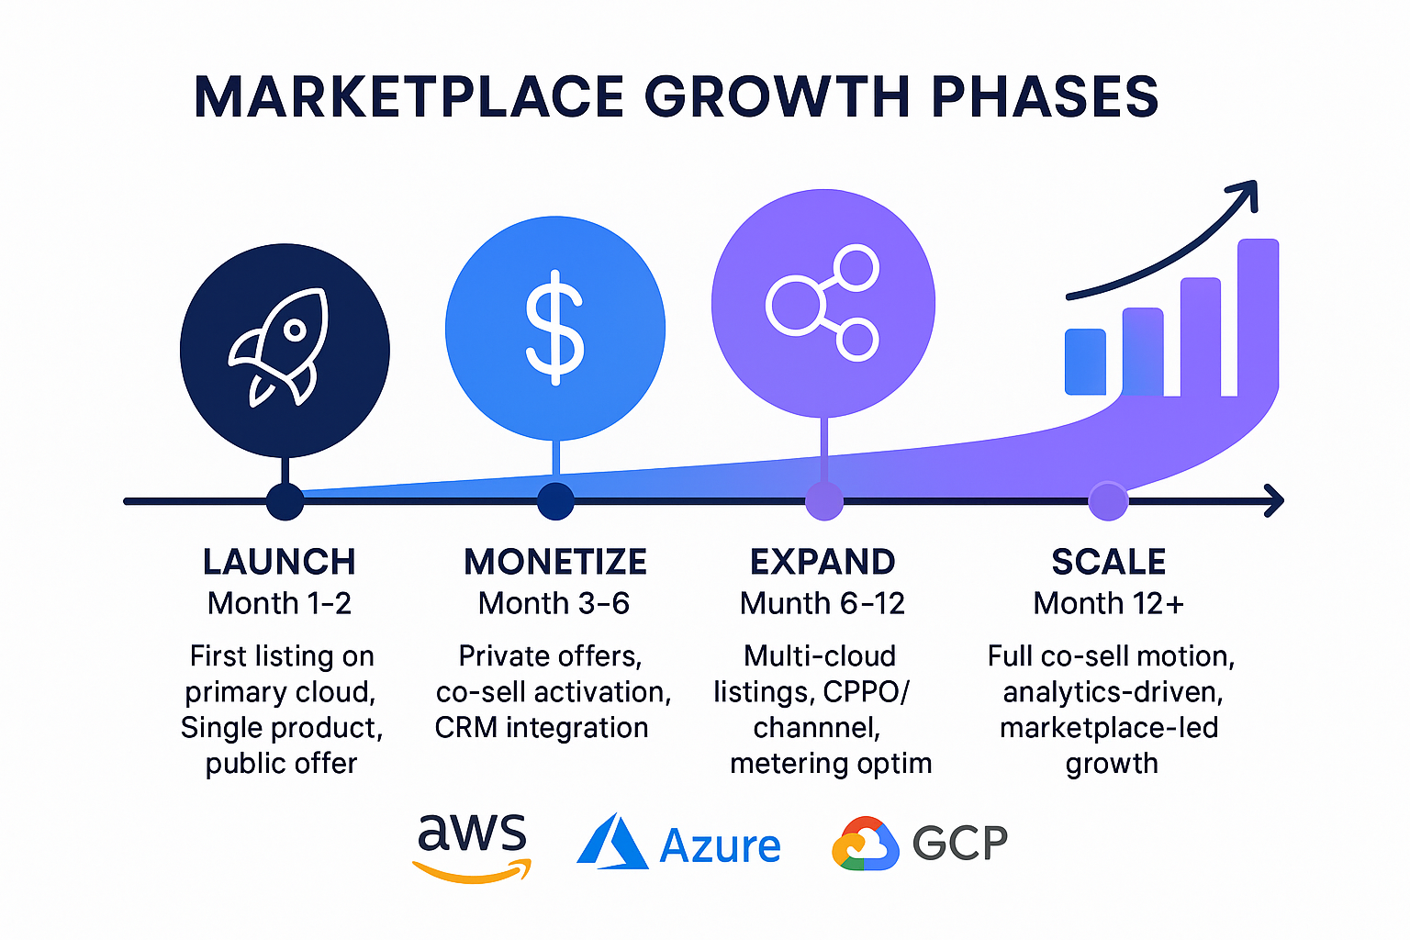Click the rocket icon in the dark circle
click(280, 348)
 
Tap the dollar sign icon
click(554, 327)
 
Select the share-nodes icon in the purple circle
click(822, 303)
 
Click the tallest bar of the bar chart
click(1258, 317)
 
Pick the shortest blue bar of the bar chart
click(1085, 362)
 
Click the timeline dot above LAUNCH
click(285, 501)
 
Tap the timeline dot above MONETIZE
click(555, 501)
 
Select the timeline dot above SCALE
click(1108, 501)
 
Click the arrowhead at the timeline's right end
click(1274, 501)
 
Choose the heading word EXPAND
click(822, 562)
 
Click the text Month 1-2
click(279, 603)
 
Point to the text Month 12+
click(1108, 603)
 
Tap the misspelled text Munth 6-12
click(822, 603)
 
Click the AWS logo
click(472, 845)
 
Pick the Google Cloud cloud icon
click(864, 844)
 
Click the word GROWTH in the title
click(778, 96)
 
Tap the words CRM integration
click(542, 728)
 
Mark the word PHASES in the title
click(1045, 96)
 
